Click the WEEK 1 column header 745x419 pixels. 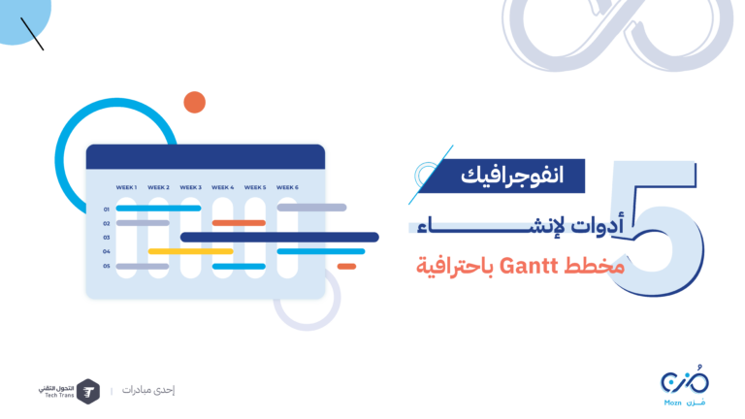[x=126, y=187]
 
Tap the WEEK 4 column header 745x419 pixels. [x=223, y=187]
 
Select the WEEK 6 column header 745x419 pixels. [x=287, y=187]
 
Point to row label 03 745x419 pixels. [x=107, y=238]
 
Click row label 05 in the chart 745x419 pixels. [x=107, y=266]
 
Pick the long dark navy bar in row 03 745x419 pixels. [x=279, y=237]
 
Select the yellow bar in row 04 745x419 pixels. [x=190, y=251]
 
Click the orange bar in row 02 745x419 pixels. [x=239, y=223]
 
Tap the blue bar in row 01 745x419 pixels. [x=158, y=209]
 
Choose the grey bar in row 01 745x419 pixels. [x=311, y=208]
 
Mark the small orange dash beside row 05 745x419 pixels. [x=346, y=267]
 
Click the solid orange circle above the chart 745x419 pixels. [x=194, y=102]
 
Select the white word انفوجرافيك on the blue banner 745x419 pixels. [x=512, y=176]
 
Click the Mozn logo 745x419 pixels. [x=684, y=386]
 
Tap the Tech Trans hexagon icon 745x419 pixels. [x=88, y=392]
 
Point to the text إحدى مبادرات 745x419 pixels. [x=148, y=390]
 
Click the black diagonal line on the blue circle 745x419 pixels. [x=32, y=34]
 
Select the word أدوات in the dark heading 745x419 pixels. [x=597, y=226]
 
